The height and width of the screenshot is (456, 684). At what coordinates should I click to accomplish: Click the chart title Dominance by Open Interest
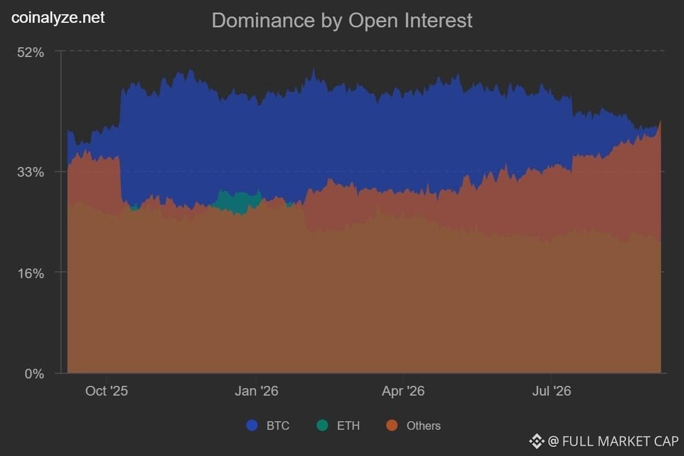point(342,21)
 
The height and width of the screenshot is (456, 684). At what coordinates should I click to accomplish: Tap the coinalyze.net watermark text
point(58,18)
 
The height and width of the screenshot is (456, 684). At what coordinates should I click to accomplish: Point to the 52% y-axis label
point(31,52)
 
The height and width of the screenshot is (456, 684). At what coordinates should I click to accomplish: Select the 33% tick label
point(31,172)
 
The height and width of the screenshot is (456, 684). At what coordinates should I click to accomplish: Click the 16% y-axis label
point(31,274)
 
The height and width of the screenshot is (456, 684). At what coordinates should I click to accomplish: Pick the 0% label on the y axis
point(34,373)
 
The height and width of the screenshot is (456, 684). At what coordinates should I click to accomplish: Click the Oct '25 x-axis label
point(107,391)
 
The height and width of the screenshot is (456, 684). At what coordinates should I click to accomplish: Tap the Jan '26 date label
point(256,391)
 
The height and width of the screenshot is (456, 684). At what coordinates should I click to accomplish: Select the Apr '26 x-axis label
point(403,391)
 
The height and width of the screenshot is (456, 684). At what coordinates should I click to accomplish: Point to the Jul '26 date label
point(552,391)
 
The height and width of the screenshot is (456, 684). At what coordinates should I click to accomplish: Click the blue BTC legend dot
point(252,425)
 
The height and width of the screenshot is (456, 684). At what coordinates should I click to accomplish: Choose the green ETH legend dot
point(323,425)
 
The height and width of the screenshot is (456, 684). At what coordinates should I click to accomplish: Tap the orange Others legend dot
point(392,425)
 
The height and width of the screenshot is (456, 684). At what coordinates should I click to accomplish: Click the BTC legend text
point(278,426)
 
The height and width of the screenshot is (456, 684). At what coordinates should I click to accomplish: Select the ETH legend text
point(348,426)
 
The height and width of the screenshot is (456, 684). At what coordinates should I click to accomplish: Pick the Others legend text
point(424,426)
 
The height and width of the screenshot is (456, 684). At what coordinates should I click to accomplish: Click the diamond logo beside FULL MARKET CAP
point(536,442)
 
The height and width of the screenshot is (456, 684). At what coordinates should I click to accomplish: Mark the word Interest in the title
point(438,21)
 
